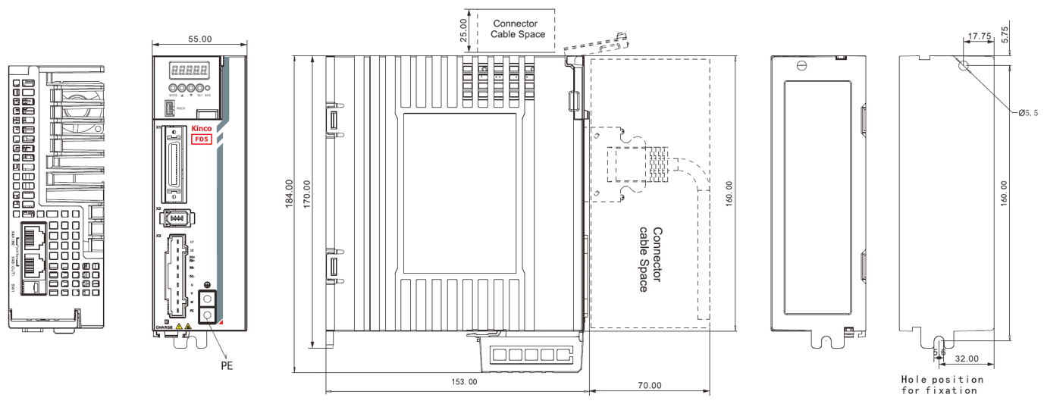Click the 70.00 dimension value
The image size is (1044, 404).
649,385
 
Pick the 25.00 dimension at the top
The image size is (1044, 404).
464,28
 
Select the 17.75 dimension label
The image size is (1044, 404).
980,36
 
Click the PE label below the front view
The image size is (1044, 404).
226,365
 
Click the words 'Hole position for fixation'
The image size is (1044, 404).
942,384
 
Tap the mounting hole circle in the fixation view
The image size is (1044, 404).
964,66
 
